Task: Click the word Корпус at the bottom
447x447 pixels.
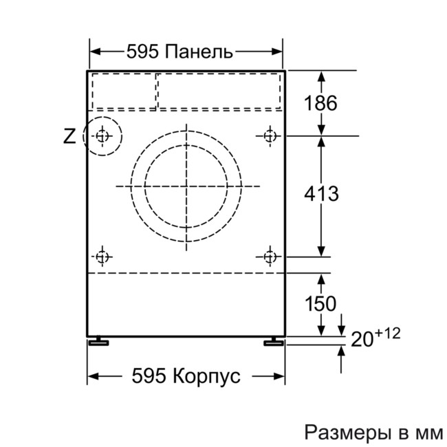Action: (x=206, y=376)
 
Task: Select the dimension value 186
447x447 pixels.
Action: (x=321, y=104)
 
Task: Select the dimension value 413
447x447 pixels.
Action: (x=321, y=195)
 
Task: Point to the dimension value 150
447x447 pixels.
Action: (x=321, y=303)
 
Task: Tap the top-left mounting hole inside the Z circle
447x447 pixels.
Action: (x=102, y=135)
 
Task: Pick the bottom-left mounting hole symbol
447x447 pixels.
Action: (x=102, y=257)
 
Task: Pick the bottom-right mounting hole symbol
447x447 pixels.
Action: (x=270, y=257)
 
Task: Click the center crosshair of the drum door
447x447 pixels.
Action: (x=186, y=186)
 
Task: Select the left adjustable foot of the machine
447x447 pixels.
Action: (x=98, y=340)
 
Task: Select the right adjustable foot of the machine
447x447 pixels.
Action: (x=273, y=340)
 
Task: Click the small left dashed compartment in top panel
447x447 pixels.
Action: (x=124, y=90)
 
